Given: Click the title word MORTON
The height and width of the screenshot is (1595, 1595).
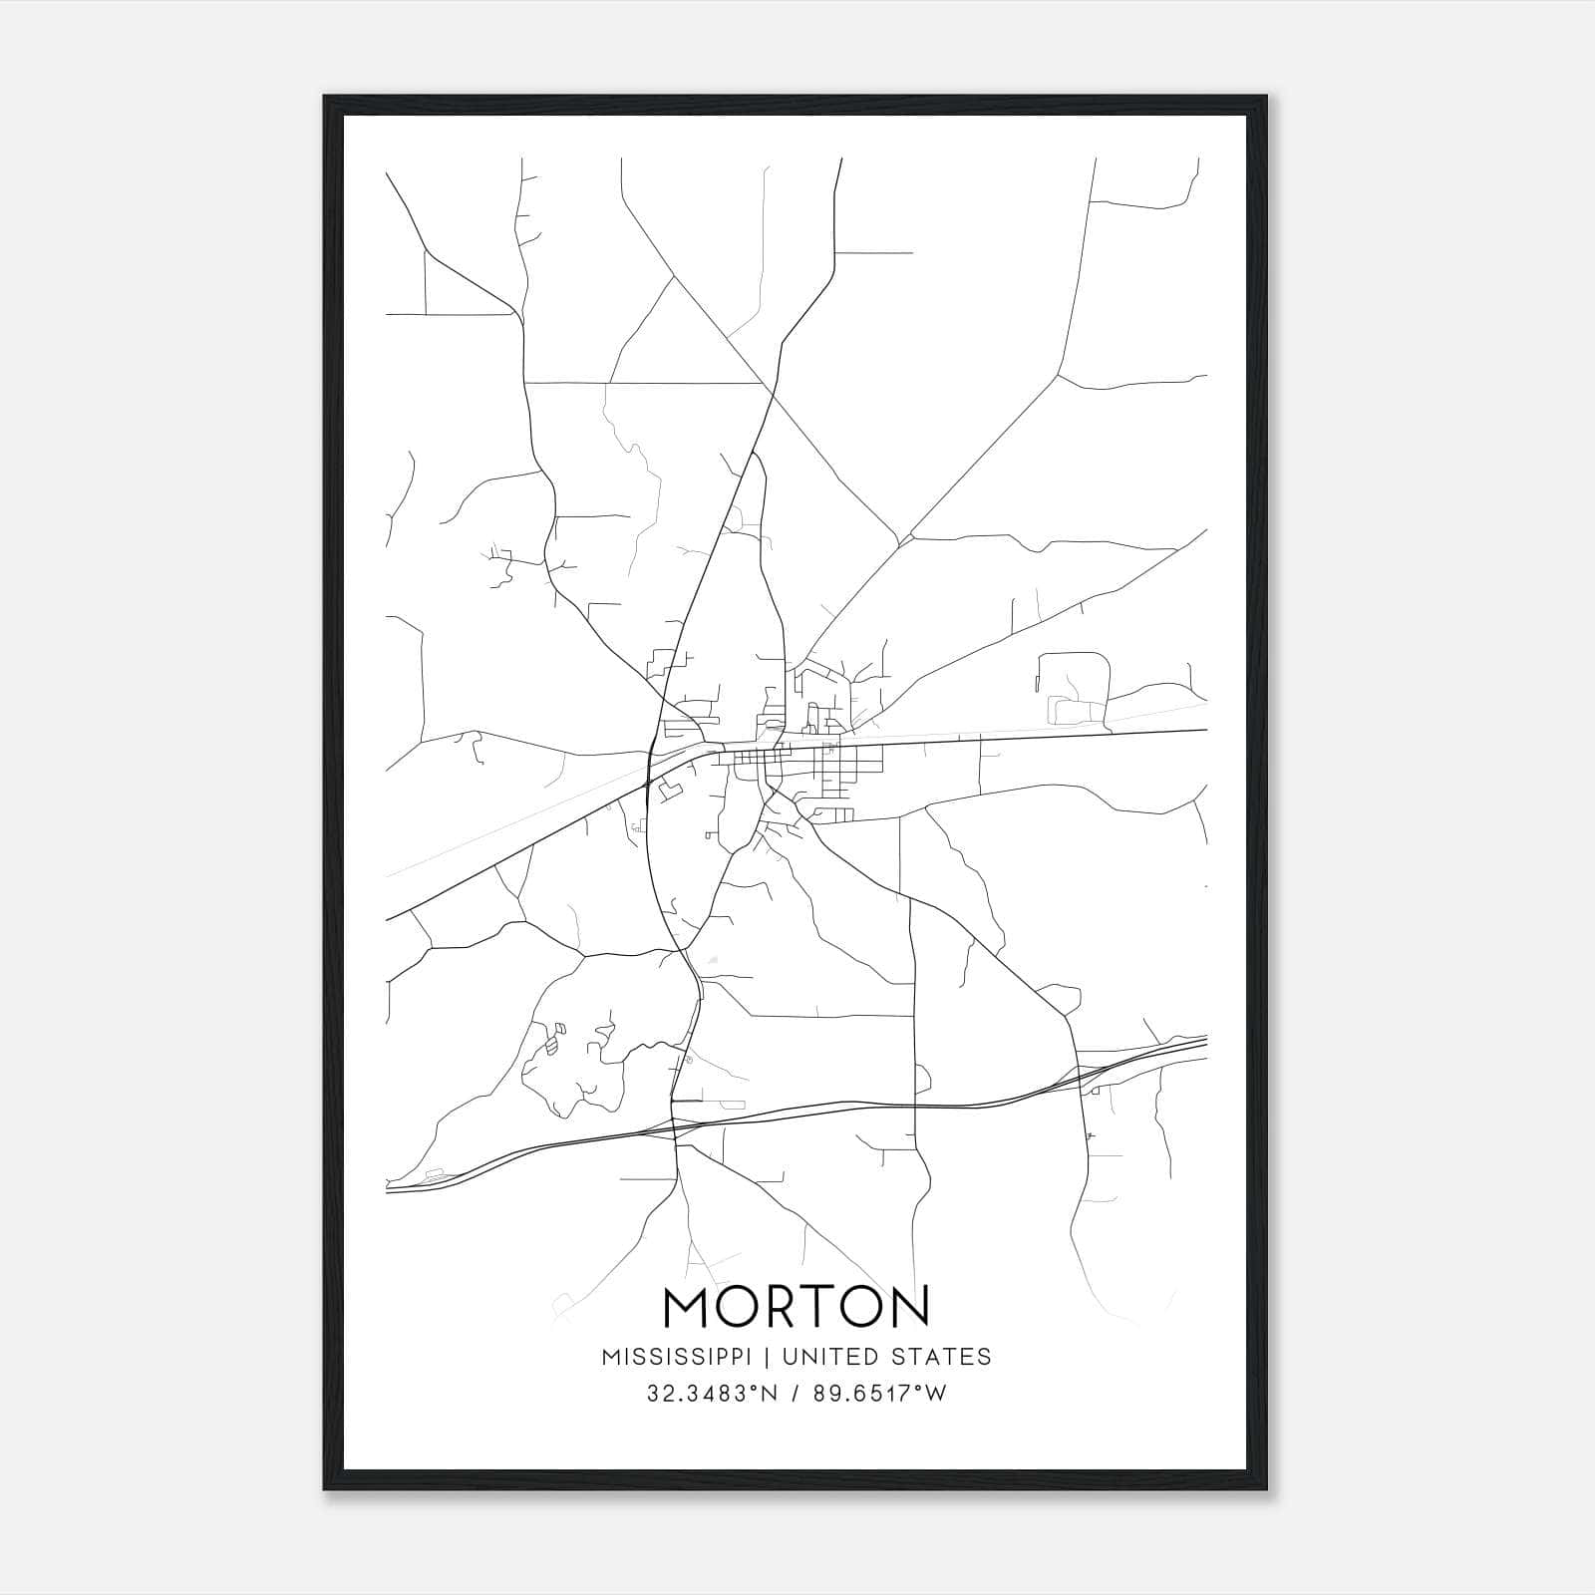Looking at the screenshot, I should tap(796, 1307).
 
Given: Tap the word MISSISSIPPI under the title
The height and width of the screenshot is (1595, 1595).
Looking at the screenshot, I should tap(683, 1357).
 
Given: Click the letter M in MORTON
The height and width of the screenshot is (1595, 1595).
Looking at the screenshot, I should tap(686, 1307).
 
